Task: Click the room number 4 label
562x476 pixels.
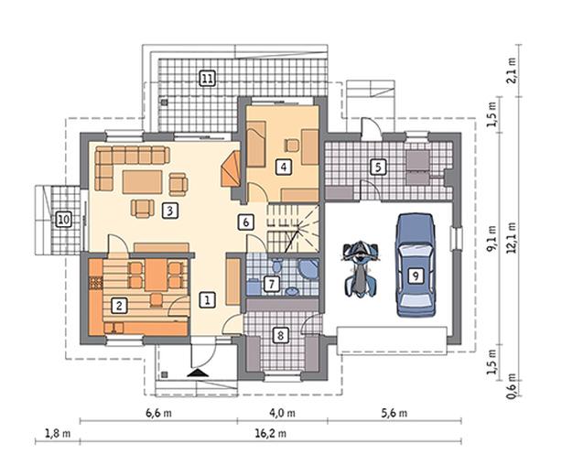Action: (284, 167)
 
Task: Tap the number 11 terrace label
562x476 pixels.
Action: (207, 79)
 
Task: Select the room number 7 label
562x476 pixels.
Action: (271, 284)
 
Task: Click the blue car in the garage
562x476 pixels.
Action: (416, 265)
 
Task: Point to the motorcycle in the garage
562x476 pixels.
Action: (361, 269)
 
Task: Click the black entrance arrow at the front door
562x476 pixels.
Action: (198, 373)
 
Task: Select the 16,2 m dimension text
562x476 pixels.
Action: (271, 434)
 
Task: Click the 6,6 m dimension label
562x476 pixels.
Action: (158, 413)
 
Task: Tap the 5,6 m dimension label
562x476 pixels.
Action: (394, 413)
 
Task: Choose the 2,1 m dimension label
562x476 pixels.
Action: (512, 70)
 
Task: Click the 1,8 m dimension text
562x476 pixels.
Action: (58, 434)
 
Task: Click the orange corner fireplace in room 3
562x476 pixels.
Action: (232, 168)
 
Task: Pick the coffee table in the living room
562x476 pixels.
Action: (142, 182)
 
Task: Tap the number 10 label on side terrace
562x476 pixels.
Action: (63, 219)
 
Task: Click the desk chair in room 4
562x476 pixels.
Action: (292, 146)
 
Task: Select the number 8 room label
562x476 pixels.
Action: (280, 336)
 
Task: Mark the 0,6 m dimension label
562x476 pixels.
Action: (512, 386)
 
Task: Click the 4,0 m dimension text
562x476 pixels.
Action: (282, 413)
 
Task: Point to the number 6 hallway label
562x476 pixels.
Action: (246, 222)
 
